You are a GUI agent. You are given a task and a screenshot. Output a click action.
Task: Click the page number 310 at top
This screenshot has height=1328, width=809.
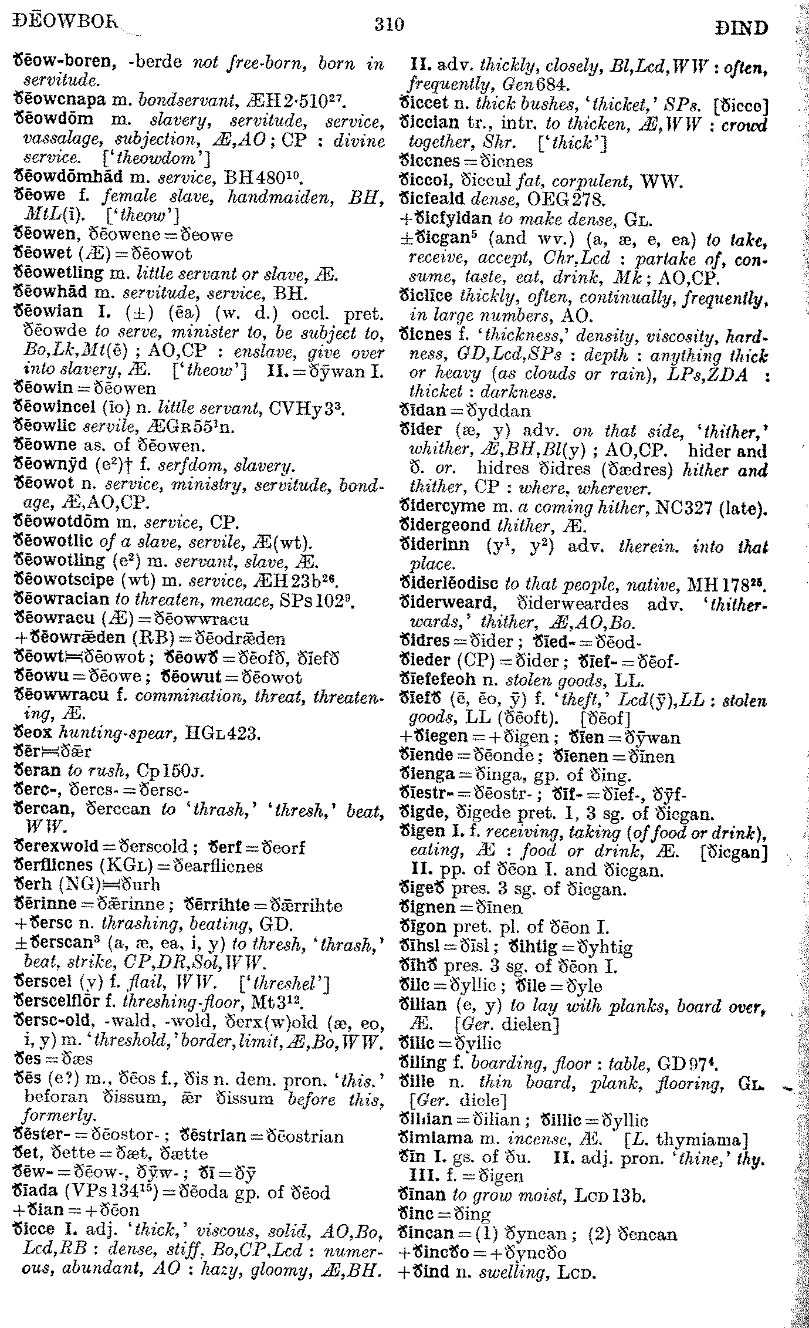388,25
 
